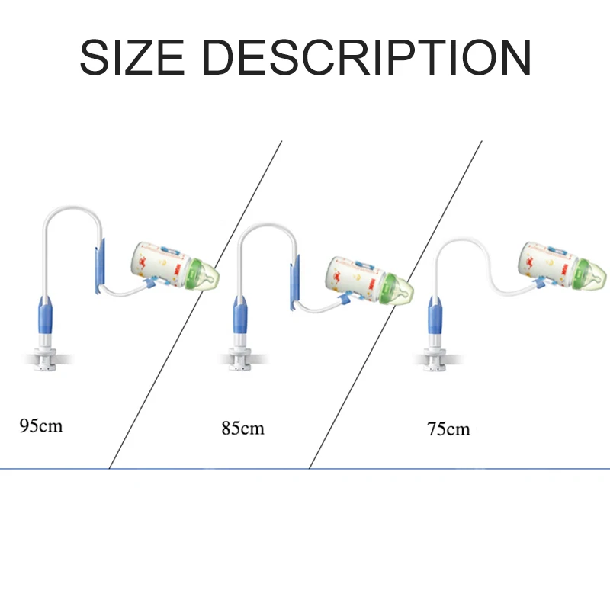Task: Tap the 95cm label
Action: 40,425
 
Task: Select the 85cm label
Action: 242,428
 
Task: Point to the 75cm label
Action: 448,429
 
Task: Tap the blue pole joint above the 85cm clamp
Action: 241,312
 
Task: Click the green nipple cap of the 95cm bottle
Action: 204,276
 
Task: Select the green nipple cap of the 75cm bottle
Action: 593,271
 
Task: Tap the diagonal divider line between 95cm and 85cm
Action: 196,305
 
